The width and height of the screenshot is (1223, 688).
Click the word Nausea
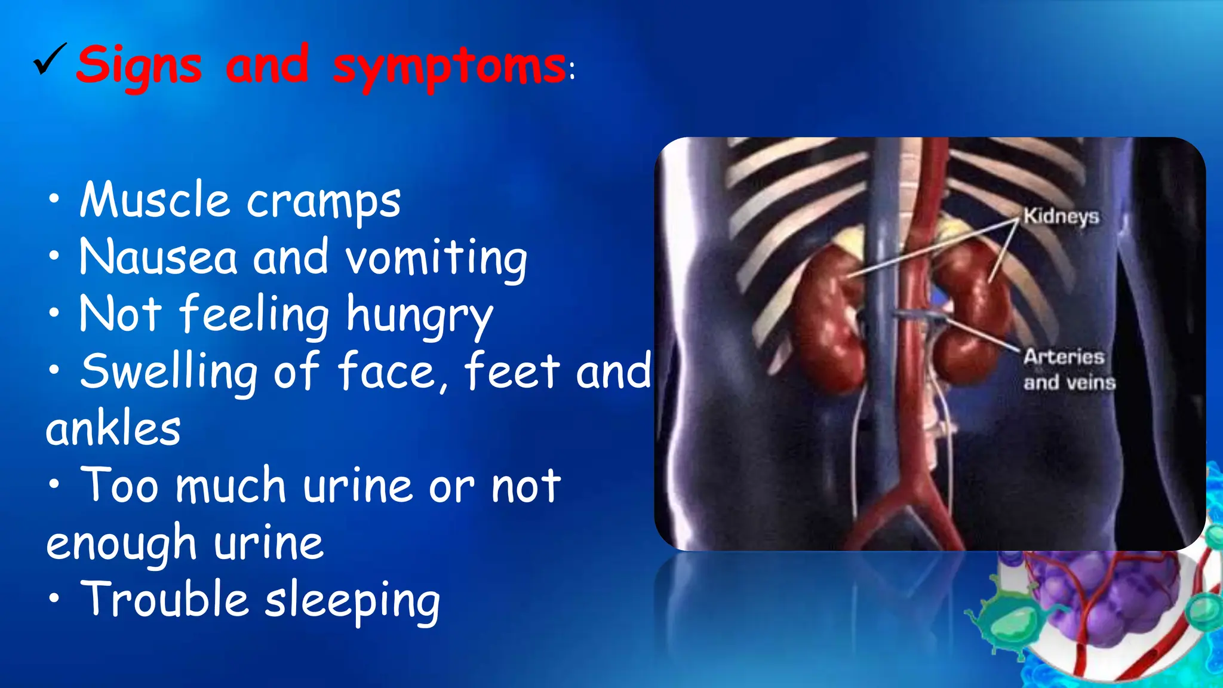158,257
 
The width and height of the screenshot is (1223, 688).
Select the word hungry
420,315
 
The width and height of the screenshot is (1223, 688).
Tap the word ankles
113,429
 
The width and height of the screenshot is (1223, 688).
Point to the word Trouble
164,599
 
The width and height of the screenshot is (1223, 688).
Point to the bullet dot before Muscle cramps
54,199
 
